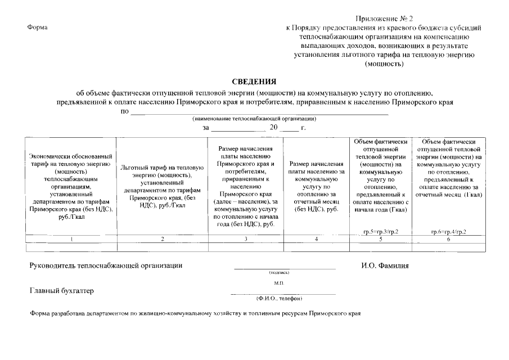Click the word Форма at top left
[37, 28]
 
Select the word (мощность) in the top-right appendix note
[385, 64]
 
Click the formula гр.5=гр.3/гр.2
[381, 232]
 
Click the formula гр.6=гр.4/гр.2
[448, 232]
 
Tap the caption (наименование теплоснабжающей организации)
[254, 119]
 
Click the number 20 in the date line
[274, 128]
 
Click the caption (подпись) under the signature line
[280, 273]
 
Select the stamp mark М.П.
[280, 283]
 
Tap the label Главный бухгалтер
[61, 291]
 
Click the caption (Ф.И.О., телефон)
[280, 298]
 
